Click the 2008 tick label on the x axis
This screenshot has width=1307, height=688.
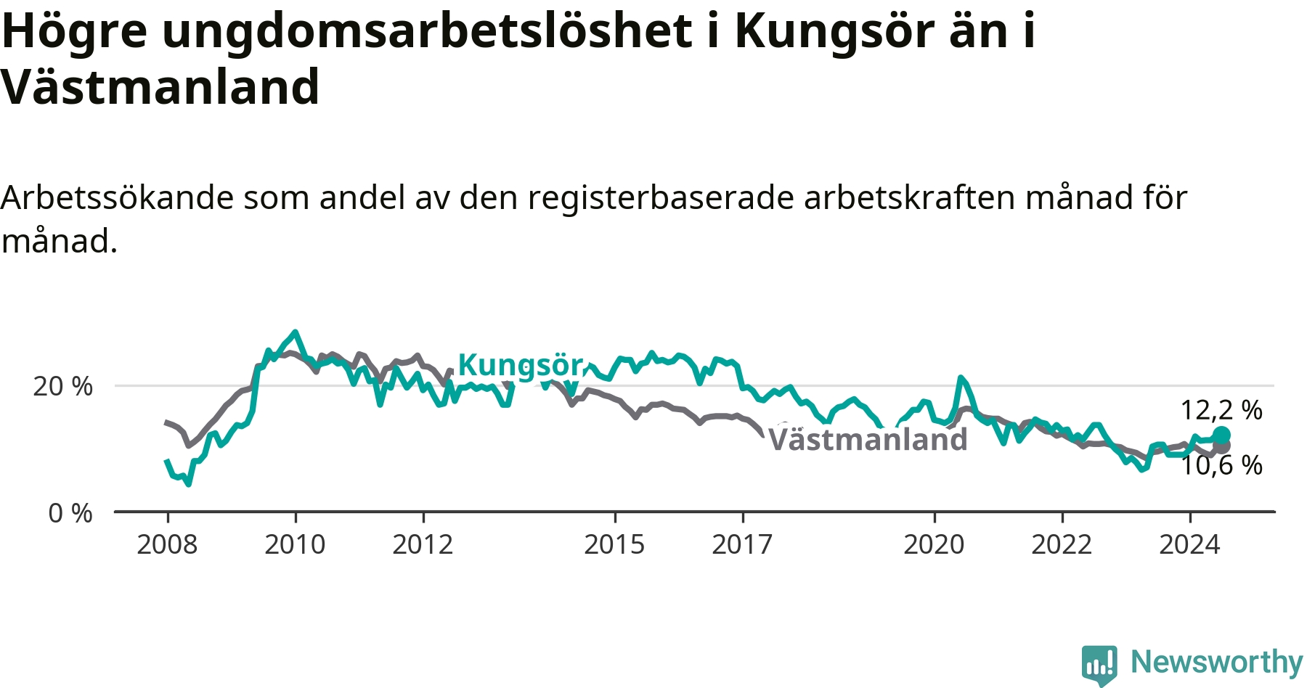[167, 544]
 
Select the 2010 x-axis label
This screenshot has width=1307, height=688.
[295, 544]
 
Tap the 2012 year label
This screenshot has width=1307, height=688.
[423, 544]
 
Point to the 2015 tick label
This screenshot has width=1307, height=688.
[614, 544]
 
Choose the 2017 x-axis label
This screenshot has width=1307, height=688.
[742, 544]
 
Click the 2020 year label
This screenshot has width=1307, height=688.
[934, 544]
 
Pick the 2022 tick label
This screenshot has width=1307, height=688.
[1062, 544]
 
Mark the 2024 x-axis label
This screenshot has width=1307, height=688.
[1189, 544]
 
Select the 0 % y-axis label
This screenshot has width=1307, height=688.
[70, 513]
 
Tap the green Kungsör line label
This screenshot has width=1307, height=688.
[521, 365]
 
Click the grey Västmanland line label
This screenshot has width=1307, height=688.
[868, 440]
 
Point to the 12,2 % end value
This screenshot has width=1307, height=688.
[1221, 410]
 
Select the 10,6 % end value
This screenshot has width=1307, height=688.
[1221, 465]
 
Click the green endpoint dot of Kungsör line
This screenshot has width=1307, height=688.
[1221, 435]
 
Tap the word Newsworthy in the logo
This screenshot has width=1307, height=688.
[1217, 662]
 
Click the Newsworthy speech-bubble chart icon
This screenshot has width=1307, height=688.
[1099, 665]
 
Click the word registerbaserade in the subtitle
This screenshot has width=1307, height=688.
[661, 197]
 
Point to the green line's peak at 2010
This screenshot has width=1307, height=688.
[295, 332]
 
